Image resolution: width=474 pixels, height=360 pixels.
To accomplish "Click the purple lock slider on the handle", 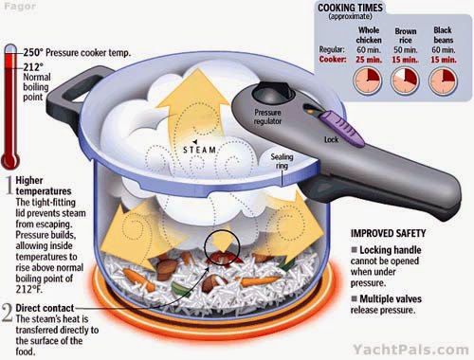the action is [x=342, y=129].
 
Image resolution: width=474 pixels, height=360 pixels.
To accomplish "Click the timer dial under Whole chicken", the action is [x=368, y=81].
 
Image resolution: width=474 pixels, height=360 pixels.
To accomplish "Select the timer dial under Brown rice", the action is [x=405, y=81].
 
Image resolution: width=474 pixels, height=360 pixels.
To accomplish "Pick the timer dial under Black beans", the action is [x=443, y=81].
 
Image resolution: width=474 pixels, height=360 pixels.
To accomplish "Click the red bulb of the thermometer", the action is [x=10, y=160].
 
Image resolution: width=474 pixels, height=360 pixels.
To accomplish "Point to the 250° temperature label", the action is [x=31, y=52].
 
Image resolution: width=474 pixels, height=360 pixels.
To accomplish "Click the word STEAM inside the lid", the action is [x=200, y=150].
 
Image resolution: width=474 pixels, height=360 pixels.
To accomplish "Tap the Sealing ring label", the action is [x=282, y=161].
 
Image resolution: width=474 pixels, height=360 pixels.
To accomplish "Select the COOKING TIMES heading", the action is [x=350, y=8].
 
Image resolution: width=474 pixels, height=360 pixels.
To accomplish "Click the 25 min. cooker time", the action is [x=369, y=60].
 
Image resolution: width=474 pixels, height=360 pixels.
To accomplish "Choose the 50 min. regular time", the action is [x=406, y=50].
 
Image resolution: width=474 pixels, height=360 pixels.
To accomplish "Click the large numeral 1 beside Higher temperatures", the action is [x=10, y=186].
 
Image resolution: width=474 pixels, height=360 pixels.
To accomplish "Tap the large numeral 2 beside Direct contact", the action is [x=8, y=313].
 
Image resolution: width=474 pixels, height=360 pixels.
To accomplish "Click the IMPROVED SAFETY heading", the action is [x=388, y=233].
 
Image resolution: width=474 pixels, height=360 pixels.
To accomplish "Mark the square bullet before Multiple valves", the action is [x=355, y=298].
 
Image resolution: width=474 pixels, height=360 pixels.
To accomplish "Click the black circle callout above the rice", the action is [x=222, y=247].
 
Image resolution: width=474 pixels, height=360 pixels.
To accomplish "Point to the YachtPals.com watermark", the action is [x=410, y=350].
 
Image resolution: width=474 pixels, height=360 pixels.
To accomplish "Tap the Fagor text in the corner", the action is [x=20, y=7].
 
